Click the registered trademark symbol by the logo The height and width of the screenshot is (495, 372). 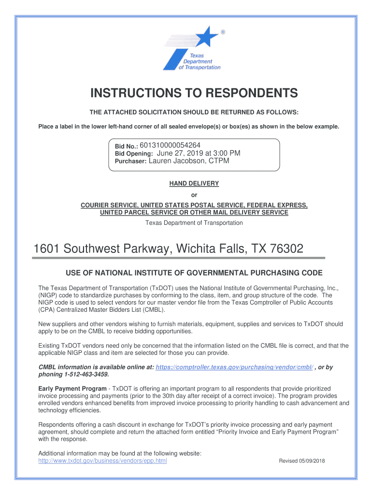click(223, 32)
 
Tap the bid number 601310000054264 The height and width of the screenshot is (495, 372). click(170, 145)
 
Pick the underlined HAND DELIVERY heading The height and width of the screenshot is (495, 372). click(194, 184)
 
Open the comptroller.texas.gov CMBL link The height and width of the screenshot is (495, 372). click(234, 367)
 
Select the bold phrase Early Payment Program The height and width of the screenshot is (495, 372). click(72, 389)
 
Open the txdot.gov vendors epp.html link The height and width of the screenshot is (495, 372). click(102, 461)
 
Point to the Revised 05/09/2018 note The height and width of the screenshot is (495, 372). click(302, 461)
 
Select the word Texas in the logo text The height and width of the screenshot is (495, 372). click(197, 56)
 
